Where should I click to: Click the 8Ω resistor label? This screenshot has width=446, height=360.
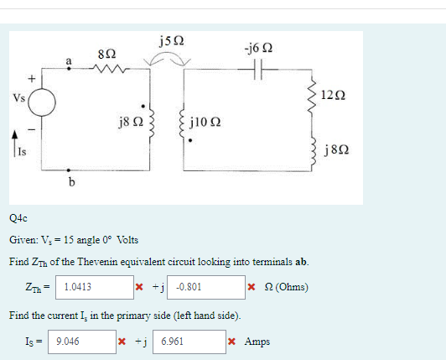click(x=106, y=53)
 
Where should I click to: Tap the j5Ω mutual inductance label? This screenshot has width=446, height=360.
click(x=170, y=39)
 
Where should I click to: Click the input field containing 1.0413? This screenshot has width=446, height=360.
click(x=96, y=287)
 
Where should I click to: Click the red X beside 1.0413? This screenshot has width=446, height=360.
click(x=139, y=287)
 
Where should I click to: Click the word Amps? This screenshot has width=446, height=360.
click(x=257, y=342)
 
